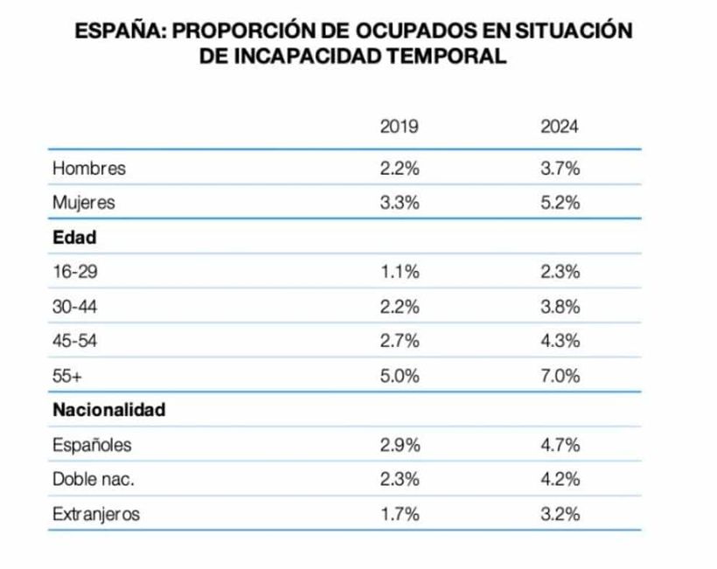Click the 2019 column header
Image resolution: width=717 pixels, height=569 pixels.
click(x=400, y=128)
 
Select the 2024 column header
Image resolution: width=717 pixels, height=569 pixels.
click(x=560, y=128)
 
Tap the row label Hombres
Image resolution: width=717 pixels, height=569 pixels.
click(x=89, y=169)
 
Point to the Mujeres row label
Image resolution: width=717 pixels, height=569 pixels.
click(x=84, y=203)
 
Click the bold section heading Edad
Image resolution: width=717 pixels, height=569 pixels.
click(x=74, y=237)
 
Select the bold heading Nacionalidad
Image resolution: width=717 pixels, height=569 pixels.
click(x=109, y=410)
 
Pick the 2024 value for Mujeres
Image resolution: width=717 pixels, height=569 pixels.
click(x=560, y=203)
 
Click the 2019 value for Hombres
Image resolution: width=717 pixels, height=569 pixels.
click(x=400, y=169)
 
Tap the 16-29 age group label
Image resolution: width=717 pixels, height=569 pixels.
click(x=74, y=272)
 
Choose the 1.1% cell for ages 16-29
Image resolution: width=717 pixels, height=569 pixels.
click(x=400, y=272)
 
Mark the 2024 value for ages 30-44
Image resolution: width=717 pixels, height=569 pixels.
click(x=560, y=306)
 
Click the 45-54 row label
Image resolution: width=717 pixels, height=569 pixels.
click(x=74, y=341)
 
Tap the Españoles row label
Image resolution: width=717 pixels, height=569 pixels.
click(x=92, y=445)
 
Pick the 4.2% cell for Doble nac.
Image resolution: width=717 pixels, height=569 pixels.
click(x=560, y=479)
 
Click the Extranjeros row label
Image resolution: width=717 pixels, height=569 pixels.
click(x=96, y=514)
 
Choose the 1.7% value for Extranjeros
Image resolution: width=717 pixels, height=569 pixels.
click(x=400, y=514)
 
